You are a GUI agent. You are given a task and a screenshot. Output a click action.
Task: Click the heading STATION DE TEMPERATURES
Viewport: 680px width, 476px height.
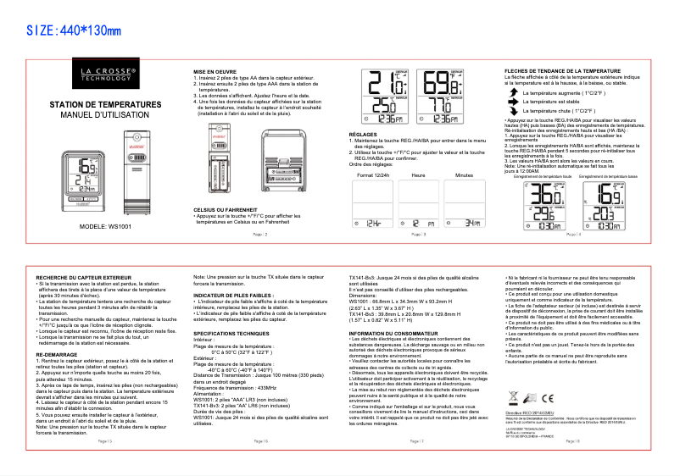pyautogui.click(x=105, y=104)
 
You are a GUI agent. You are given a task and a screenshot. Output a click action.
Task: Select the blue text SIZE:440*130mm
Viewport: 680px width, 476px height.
pyautogui.click(x=74, y=31)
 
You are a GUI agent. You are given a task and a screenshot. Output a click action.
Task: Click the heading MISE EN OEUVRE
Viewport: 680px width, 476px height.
pyautogui.click(x=215, y=72)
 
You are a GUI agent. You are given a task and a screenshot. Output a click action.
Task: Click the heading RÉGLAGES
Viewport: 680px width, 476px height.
pyautogui.click(x=363, y=135)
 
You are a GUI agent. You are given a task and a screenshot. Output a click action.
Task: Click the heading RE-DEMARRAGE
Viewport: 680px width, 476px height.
pyautogui.click(x=58, y=355)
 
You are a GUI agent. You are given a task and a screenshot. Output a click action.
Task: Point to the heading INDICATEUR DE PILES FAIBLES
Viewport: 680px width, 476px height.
pyautogui.click(x=234, y=296)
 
